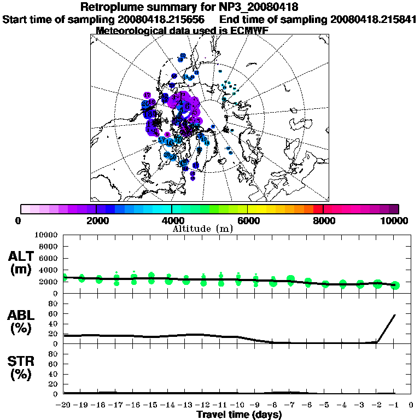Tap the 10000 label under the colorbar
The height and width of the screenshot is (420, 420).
[395, 220]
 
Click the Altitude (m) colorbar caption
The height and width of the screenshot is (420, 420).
[203, 228]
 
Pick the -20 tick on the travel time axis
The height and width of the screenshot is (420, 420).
[63, 405]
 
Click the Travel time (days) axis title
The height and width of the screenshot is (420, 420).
[239, 415]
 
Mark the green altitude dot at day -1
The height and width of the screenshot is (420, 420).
[395, 285]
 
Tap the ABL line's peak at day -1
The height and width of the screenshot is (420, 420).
[395, 315]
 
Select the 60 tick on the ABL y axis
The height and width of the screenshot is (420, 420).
[54, 314]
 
